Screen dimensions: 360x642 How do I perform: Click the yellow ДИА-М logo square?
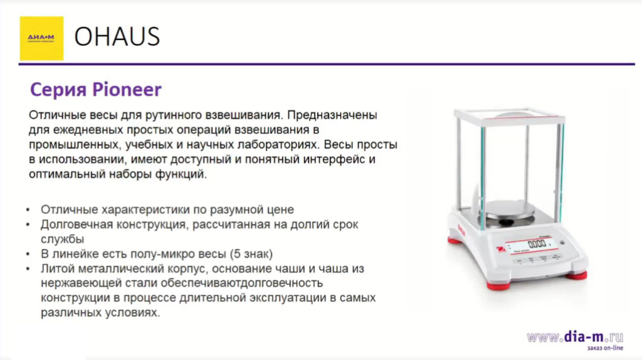41,38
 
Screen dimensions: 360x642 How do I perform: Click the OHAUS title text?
117,38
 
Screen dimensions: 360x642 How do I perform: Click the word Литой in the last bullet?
55,269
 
